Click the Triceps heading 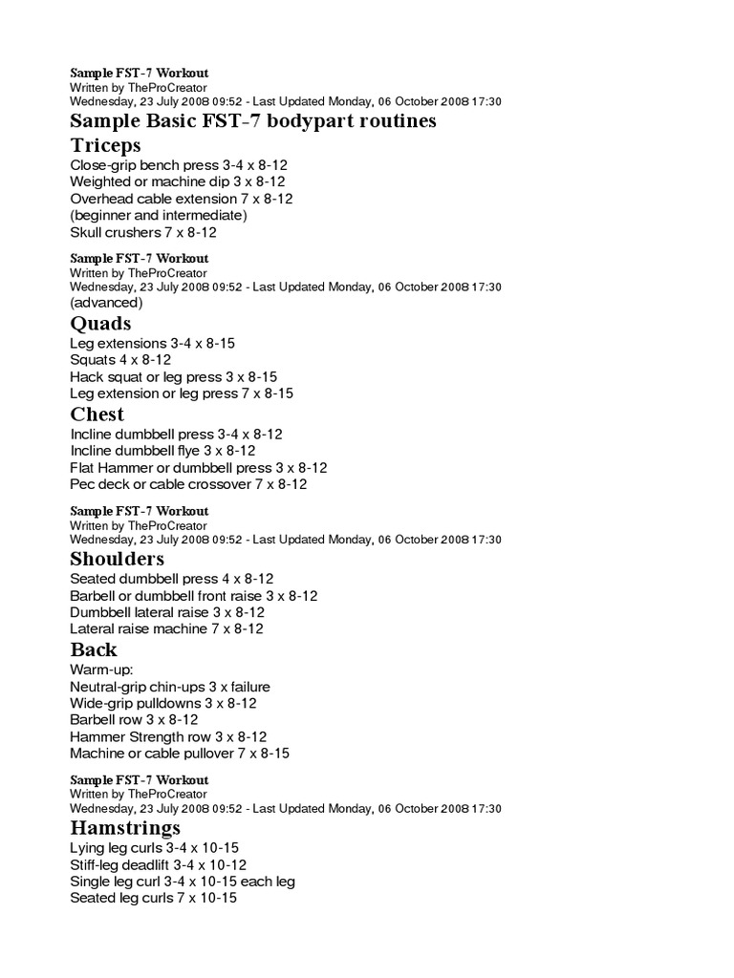point(105,145)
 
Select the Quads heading point(100,323)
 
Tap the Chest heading point(97,415)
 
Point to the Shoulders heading point(118,559)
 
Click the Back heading point(94,650)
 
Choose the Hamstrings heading point(125,827)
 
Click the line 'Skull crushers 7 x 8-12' point(143,232)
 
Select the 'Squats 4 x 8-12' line point(120,360)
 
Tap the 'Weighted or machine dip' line point(177,181)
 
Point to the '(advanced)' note point(106,303)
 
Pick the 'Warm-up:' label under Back point(101,670)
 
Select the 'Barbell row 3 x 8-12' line point(134,720)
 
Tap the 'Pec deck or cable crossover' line point(188,484)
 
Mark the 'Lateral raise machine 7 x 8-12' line point(166,629)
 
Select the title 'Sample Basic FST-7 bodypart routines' point(253,121)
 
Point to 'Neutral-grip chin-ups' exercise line point(170,687)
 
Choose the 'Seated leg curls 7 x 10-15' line point(153,899)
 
